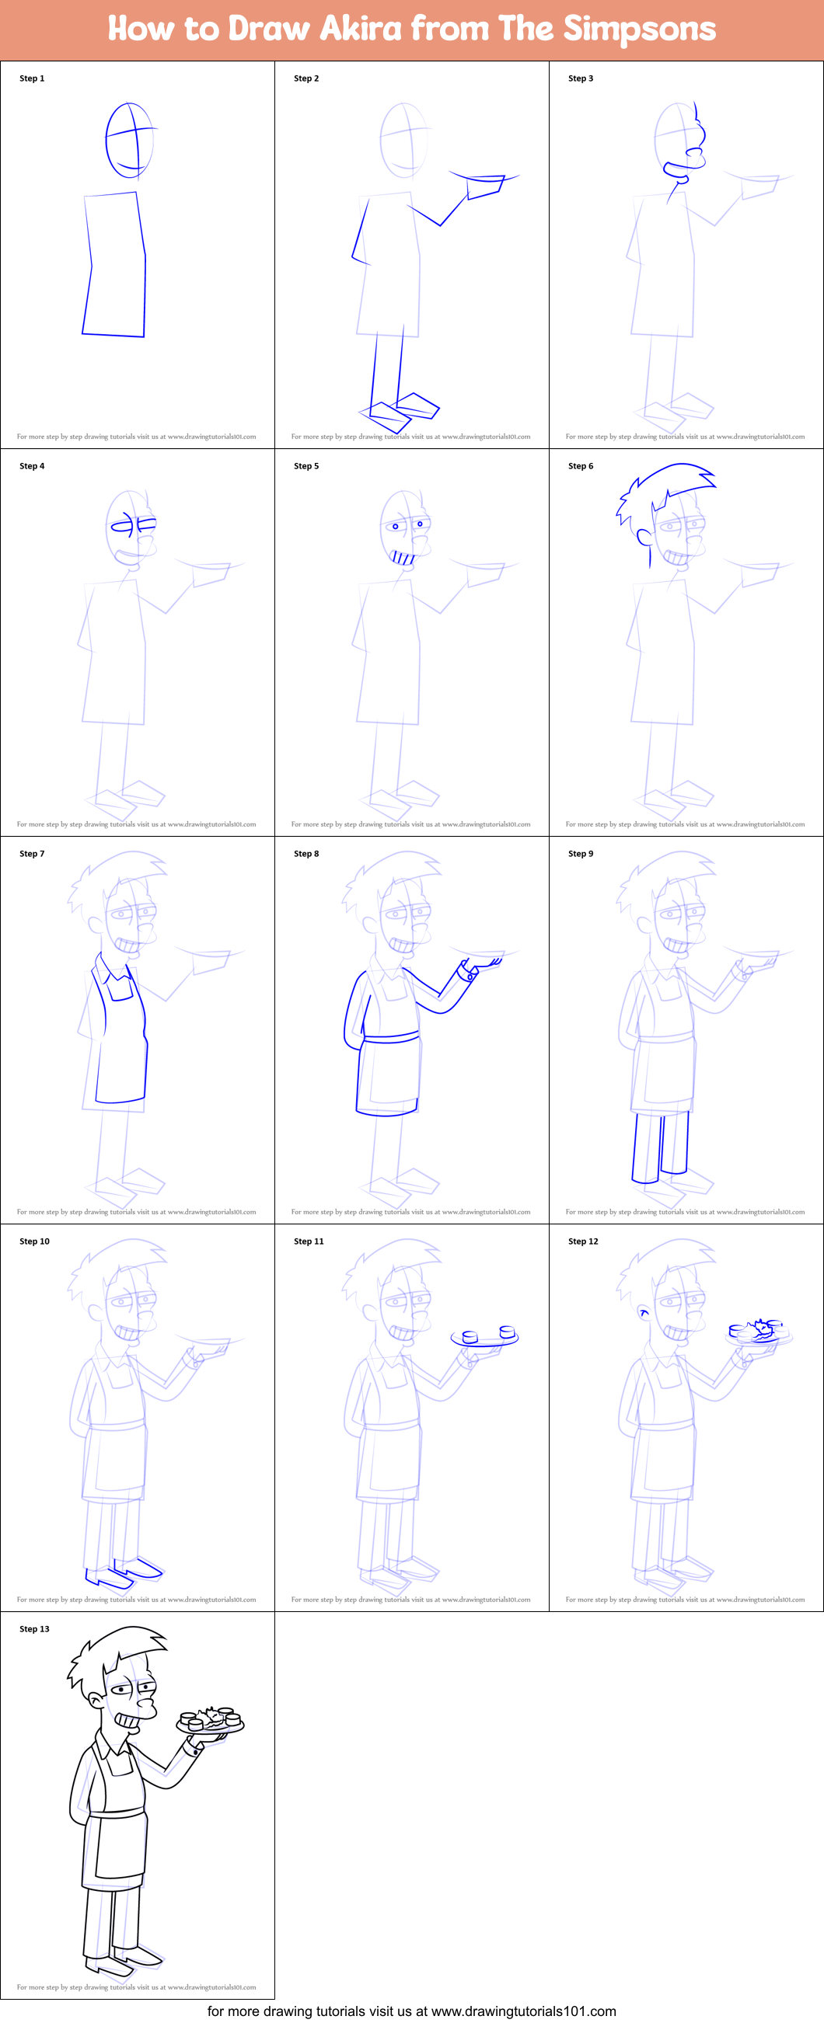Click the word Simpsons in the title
point(639,29)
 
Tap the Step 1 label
point(32,78)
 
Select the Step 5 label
point(306,466)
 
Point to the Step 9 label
point(581,854)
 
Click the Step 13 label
point(34,1630)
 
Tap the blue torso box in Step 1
point(115,266)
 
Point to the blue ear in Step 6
point(644,538)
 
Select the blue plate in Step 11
point(484,1339)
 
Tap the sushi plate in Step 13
point(211,1722)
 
